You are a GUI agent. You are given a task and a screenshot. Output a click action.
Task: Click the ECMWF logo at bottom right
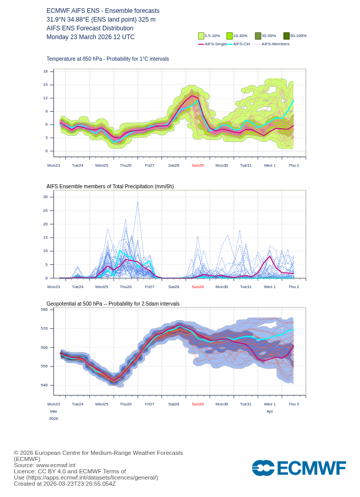298,468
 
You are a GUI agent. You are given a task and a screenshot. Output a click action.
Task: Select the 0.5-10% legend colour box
201,36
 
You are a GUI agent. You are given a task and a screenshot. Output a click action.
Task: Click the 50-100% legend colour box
286,36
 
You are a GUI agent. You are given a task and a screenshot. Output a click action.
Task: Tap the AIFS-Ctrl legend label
242,44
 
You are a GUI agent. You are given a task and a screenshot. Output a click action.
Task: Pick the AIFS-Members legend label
275,44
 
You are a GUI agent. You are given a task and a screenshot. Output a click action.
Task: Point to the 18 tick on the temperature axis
45,72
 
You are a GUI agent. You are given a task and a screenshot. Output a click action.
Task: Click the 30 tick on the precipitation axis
45,197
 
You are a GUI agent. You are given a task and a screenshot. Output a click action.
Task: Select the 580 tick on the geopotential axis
44,310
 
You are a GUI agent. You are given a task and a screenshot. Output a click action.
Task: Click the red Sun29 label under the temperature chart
197,166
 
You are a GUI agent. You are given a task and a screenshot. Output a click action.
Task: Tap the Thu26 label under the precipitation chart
125,287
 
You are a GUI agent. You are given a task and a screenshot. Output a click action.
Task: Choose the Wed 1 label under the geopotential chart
269,404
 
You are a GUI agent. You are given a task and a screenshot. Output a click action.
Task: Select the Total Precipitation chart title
110,187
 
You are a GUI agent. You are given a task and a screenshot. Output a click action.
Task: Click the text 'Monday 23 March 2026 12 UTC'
91,37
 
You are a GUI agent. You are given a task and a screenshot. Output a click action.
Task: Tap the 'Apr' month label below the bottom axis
269,412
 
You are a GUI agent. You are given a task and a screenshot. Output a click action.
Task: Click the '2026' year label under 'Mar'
53,419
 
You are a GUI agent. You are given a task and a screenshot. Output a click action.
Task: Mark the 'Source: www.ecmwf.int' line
45,465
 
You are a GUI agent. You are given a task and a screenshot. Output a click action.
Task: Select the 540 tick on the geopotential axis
44,385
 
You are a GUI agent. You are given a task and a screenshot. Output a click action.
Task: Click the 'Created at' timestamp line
65,484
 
